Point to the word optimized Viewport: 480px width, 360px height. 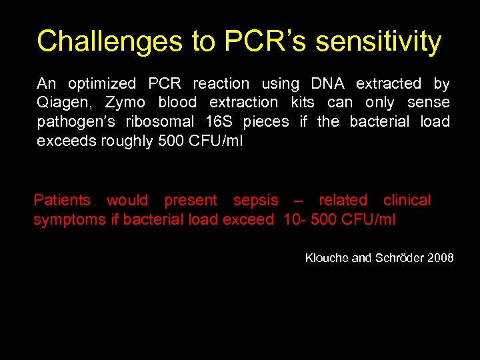pos(102,84)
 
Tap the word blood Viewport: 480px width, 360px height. pos(177,103)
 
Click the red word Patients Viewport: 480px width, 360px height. pos(62,200)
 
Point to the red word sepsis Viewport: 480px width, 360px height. pos(255,200)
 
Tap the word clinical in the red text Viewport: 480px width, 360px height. pos(407,200)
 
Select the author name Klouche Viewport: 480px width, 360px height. pos(327,257)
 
